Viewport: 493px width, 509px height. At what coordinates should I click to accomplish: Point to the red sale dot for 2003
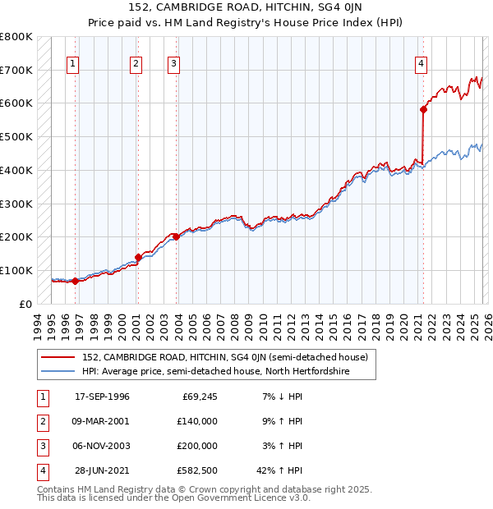click(x=176, y=236)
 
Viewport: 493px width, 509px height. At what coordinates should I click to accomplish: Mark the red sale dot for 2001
click(x=138, y=257)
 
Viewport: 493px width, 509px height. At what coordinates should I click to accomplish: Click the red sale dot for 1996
click(x=75, y=281)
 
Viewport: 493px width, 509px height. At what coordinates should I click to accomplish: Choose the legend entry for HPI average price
click(x=215, y=372)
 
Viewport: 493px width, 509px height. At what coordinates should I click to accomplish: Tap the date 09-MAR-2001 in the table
click(x=102, y=421)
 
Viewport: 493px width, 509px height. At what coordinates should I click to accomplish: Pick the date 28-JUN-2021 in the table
click(x=102, y=470)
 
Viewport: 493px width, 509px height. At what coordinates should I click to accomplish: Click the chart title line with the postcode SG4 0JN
click(x=246, y=10)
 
